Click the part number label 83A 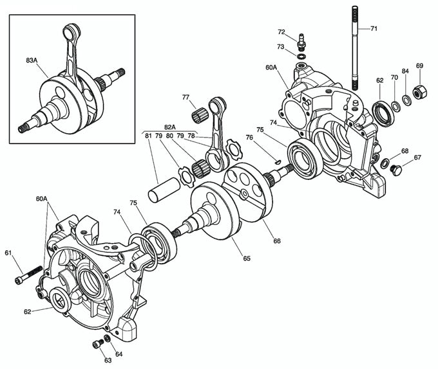(32, 60)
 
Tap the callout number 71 (374, 29)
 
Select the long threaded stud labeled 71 (354, 51)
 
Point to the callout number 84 (405, 71)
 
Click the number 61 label (8, 253)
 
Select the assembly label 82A (169, 127)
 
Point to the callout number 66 (278, 241)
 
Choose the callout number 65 (247, 258)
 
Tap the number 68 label (405, 151)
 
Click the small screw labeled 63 (98, 344)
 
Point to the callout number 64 (119, 354)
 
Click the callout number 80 (169, 136)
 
